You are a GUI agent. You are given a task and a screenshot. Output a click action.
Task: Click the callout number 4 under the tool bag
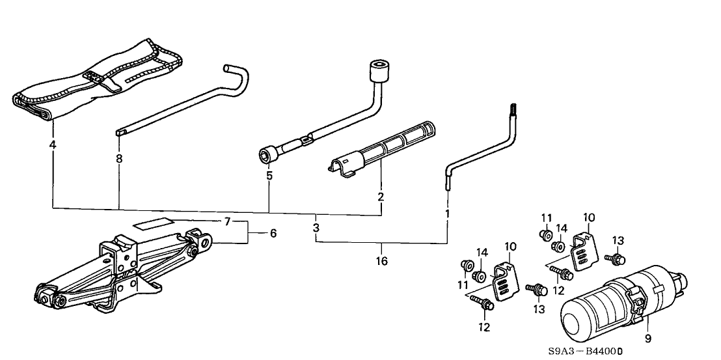pos(52,145)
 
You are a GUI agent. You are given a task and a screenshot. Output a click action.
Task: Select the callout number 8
pos(119,158)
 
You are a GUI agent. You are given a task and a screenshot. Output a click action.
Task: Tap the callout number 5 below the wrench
pos(269,175)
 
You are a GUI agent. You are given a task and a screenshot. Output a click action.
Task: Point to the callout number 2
pos(381,196)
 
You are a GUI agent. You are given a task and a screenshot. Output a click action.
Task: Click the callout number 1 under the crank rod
pos(447,213)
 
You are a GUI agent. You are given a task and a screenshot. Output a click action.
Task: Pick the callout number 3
pos(316,228)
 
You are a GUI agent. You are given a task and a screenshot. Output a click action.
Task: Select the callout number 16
pos(381,262)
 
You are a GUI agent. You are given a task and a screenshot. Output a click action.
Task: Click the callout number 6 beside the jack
pos(273,233)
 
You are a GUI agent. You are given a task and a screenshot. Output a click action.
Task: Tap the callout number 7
pos(226,222)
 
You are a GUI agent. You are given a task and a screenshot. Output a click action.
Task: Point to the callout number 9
pos(647,339)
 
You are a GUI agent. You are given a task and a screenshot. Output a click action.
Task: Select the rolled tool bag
pos(98,77)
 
